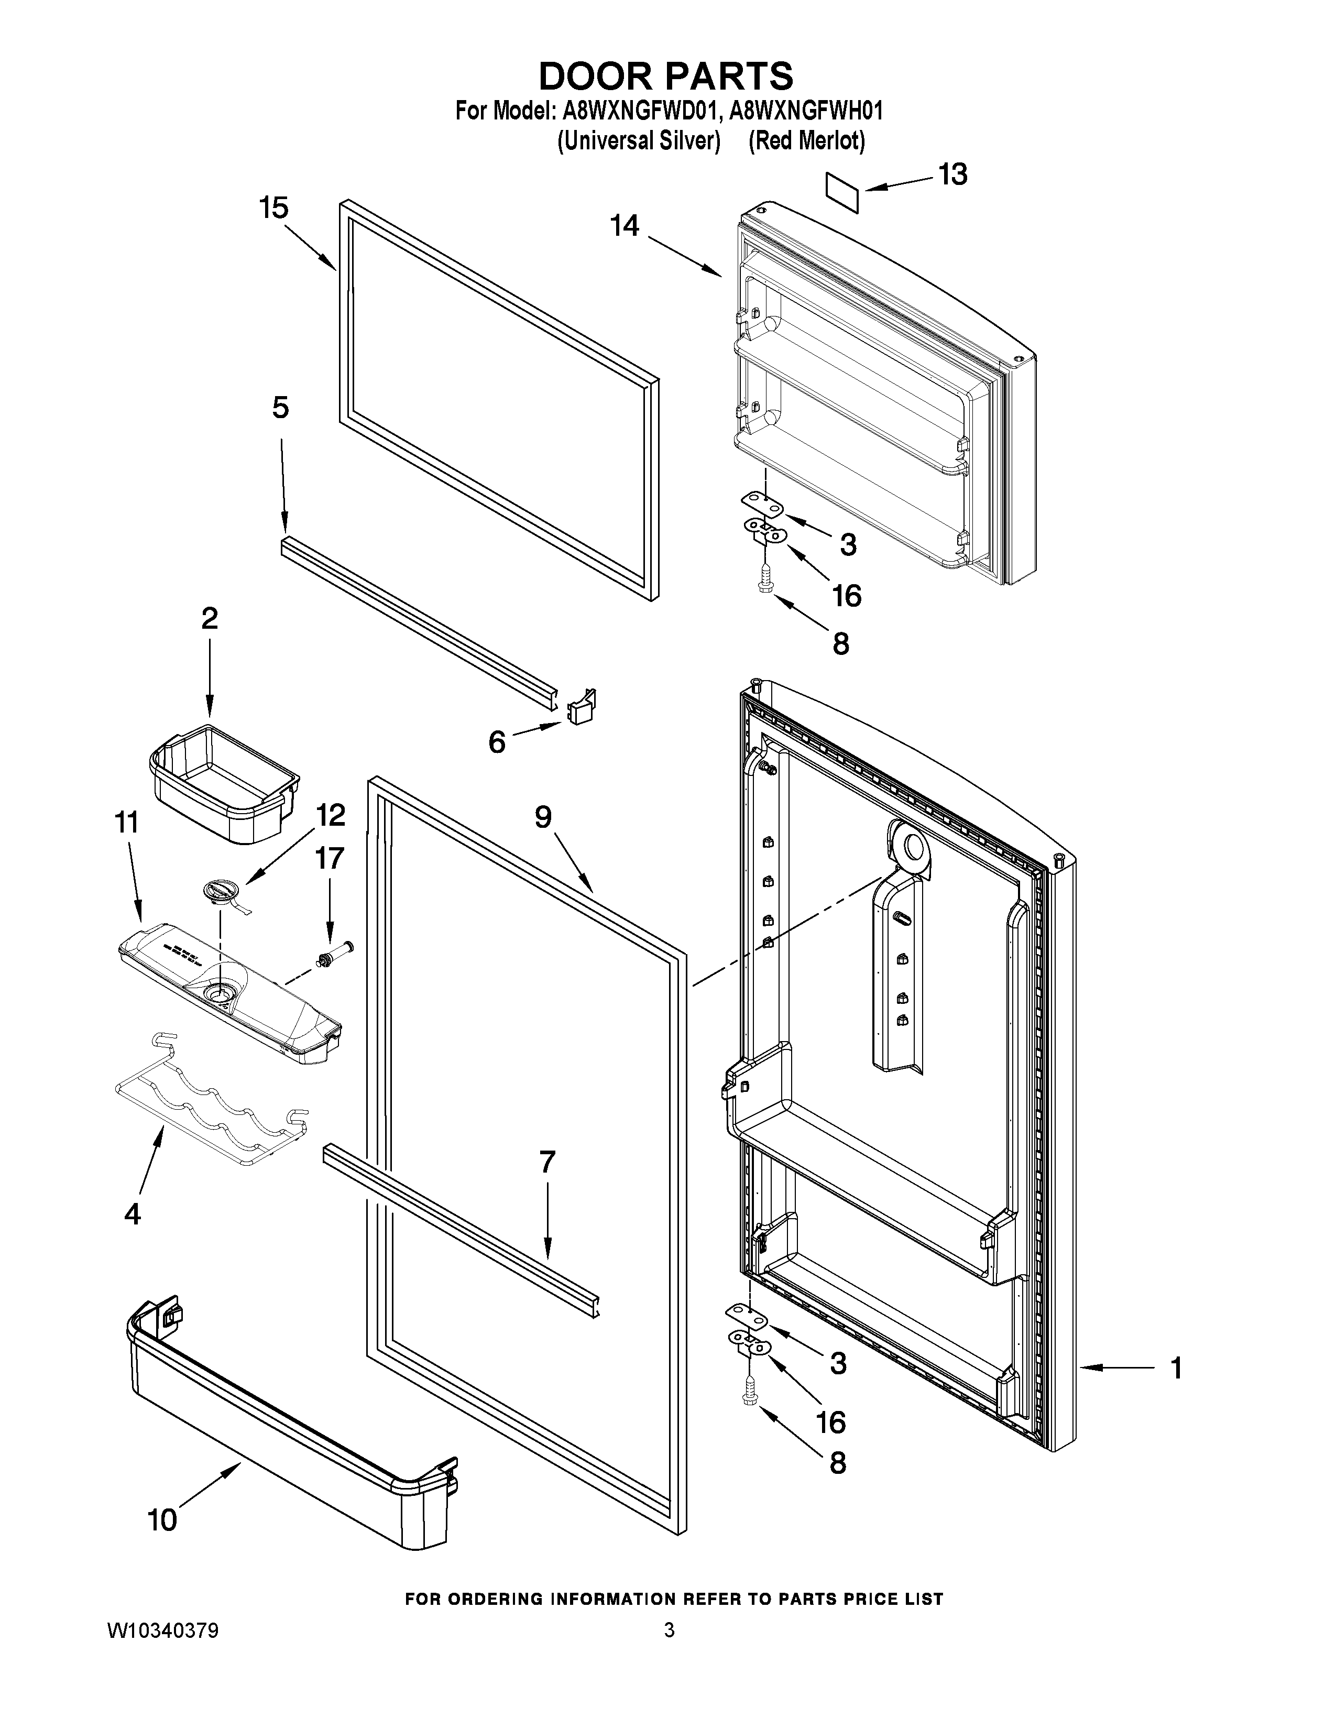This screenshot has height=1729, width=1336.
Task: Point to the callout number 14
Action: [x=625, y=226]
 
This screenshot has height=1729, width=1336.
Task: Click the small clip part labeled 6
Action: [x=582, y=707]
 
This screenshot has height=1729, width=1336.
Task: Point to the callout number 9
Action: [x=543, y=817]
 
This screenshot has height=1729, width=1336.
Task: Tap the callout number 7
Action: [x=547, y=1162]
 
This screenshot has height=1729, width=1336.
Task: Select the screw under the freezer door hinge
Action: [x=765, y=582]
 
